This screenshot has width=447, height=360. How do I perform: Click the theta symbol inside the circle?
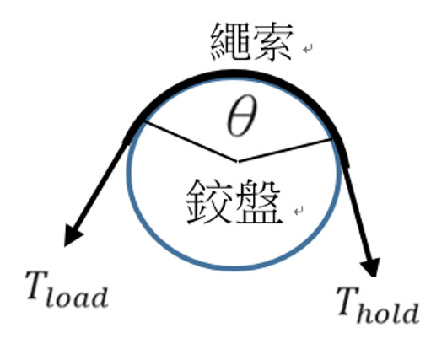(x=242, y=116)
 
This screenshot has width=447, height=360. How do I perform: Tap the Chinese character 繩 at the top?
(x=230, y=41)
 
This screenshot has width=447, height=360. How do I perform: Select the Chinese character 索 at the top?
(x=272, y=41)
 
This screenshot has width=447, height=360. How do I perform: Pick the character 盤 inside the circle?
(x=258, y=201)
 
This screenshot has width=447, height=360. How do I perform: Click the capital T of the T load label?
(x=36, y=285)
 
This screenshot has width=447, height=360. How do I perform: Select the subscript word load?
(x=77, y=297)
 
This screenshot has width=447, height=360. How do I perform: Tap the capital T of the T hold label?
(x=347, y=301)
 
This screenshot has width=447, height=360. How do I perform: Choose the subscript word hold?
(x=388, y=313)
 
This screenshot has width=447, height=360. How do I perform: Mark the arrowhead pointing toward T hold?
(x=371, y=267)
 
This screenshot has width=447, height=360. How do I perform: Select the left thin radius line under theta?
(x=191, y=142)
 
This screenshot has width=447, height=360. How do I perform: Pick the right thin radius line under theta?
(x=285, y=150)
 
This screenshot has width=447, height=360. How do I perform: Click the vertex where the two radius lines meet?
(x=238, y=162)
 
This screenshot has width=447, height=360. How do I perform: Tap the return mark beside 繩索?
(x=308, y=49)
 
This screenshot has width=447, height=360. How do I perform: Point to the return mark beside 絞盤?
(x=299, y=212)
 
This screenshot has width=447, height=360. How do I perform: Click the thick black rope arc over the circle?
(x=234, y=73)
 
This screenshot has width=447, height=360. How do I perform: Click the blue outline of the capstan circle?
(x=234, y=268)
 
